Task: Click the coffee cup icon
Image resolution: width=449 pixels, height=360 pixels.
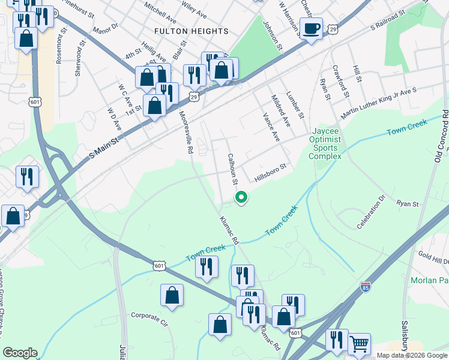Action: click(x=312, y=28)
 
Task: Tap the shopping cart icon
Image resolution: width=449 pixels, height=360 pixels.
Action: click(x=358, y=344)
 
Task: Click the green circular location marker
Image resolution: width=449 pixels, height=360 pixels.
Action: click(x=241, y=197)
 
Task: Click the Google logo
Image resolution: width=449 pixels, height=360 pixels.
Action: click(x=20, y=353)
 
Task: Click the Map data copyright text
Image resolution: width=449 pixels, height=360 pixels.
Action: click(x=412, y=355)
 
